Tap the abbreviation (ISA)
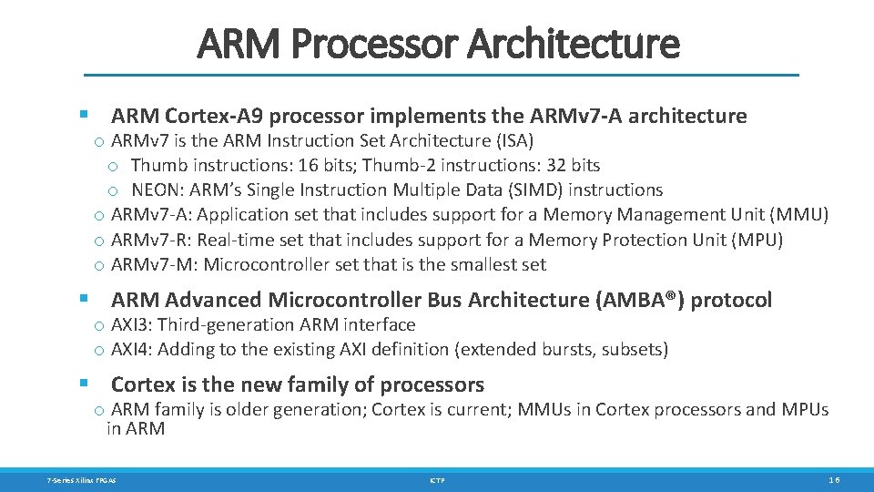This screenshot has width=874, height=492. pos(515,141)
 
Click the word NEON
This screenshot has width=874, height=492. pos(152,190)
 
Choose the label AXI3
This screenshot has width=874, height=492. pos(129,325)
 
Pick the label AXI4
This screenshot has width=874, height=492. pos(129,350)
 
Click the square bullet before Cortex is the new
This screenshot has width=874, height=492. pos(85,383)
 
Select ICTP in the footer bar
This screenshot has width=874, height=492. pos(437,480)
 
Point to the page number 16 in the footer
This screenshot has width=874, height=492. pos(834,480)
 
